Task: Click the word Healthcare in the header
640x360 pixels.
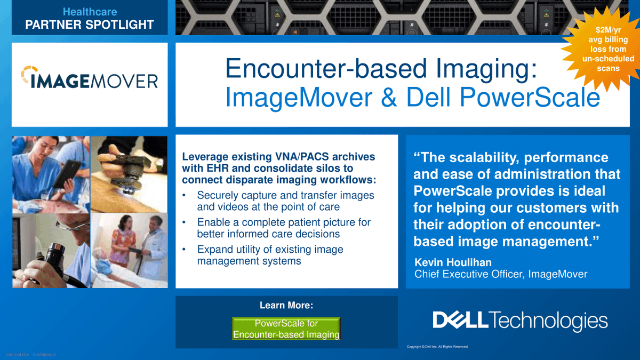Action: (x=90, y=11)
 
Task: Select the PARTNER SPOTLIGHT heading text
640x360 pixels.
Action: (x=90, y=25)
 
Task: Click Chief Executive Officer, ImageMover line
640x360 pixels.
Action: (x=501, y=274)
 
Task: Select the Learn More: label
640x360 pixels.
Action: (x=286, y=306)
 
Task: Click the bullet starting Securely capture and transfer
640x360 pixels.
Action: (x=285, y=201)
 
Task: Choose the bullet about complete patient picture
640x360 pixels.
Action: (x=284, y=228)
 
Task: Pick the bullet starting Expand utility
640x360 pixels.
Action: (x=270, y=255)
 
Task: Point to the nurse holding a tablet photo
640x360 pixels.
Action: (x=50, y=174)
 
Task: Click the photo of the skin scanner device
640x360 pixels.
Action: (x=129, y=174)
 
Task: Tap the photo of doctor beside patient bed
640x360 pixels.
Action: (x=129, y=250)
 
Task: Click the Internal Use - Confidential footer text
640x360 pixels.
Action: (x=30, y=355)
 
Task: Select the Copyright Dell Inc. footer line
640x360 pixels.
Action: (x=437, y=347)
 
